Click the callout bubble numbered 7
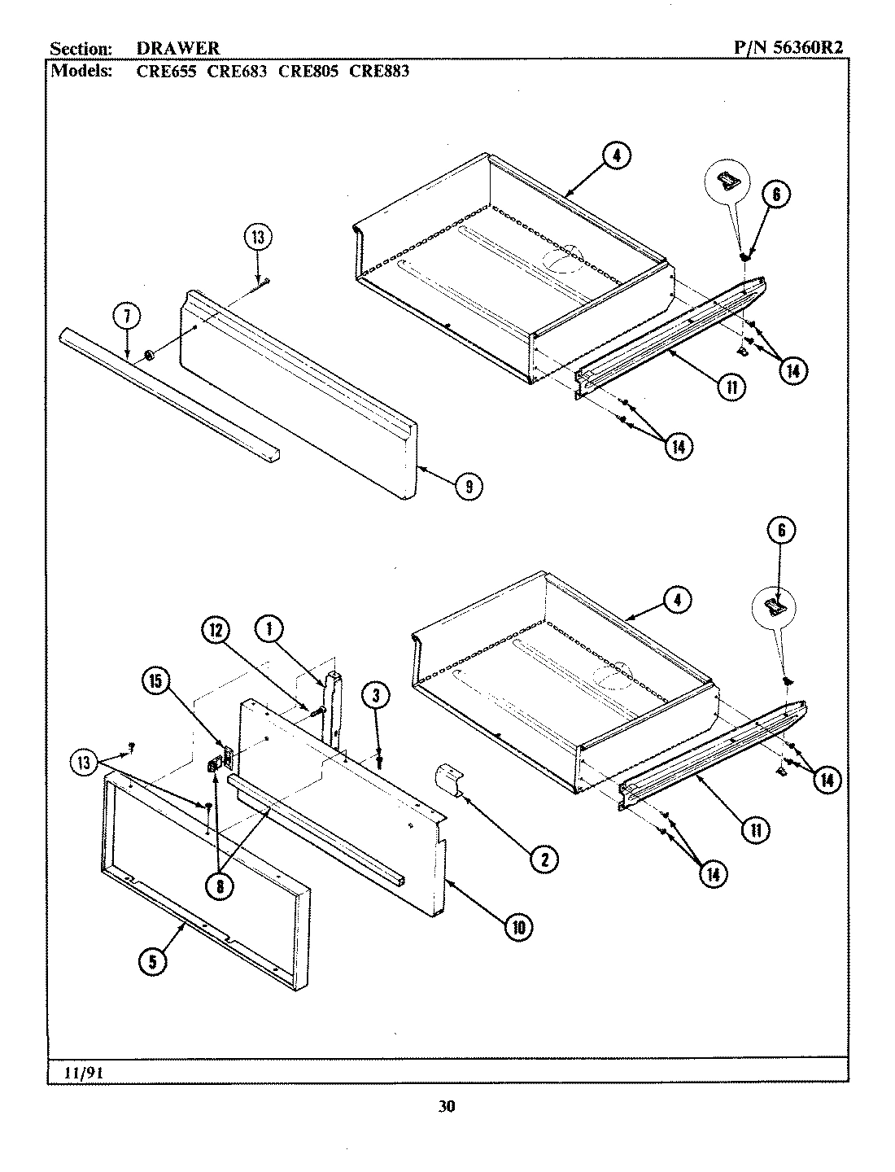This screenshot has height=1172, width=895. [x=128, y=317]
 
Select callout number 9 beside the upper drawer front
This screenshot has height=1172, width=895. [x=469, y=486]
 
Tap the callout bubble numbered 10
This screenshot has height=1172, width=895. [x=517, y=926]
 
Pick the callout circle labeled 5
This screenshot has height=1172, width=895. [x=152, y=960]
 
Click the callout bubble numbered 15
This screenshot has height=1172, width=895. [x=157, y=681]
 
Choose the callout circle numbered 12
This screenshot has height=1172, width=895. [x=216, y=630]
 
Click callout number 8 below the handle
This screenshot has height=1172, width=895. [x=218, y=886]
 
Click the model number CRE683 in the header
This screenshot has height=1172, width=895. [x=237, y=71]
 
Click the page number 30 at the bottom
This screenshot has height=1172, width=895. [x=447, y=1106]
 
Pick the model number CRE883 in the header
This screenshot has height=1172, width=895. [x=379, y=71]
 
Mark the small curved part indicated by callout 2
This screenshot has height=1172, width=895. [x=449, y=778]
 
